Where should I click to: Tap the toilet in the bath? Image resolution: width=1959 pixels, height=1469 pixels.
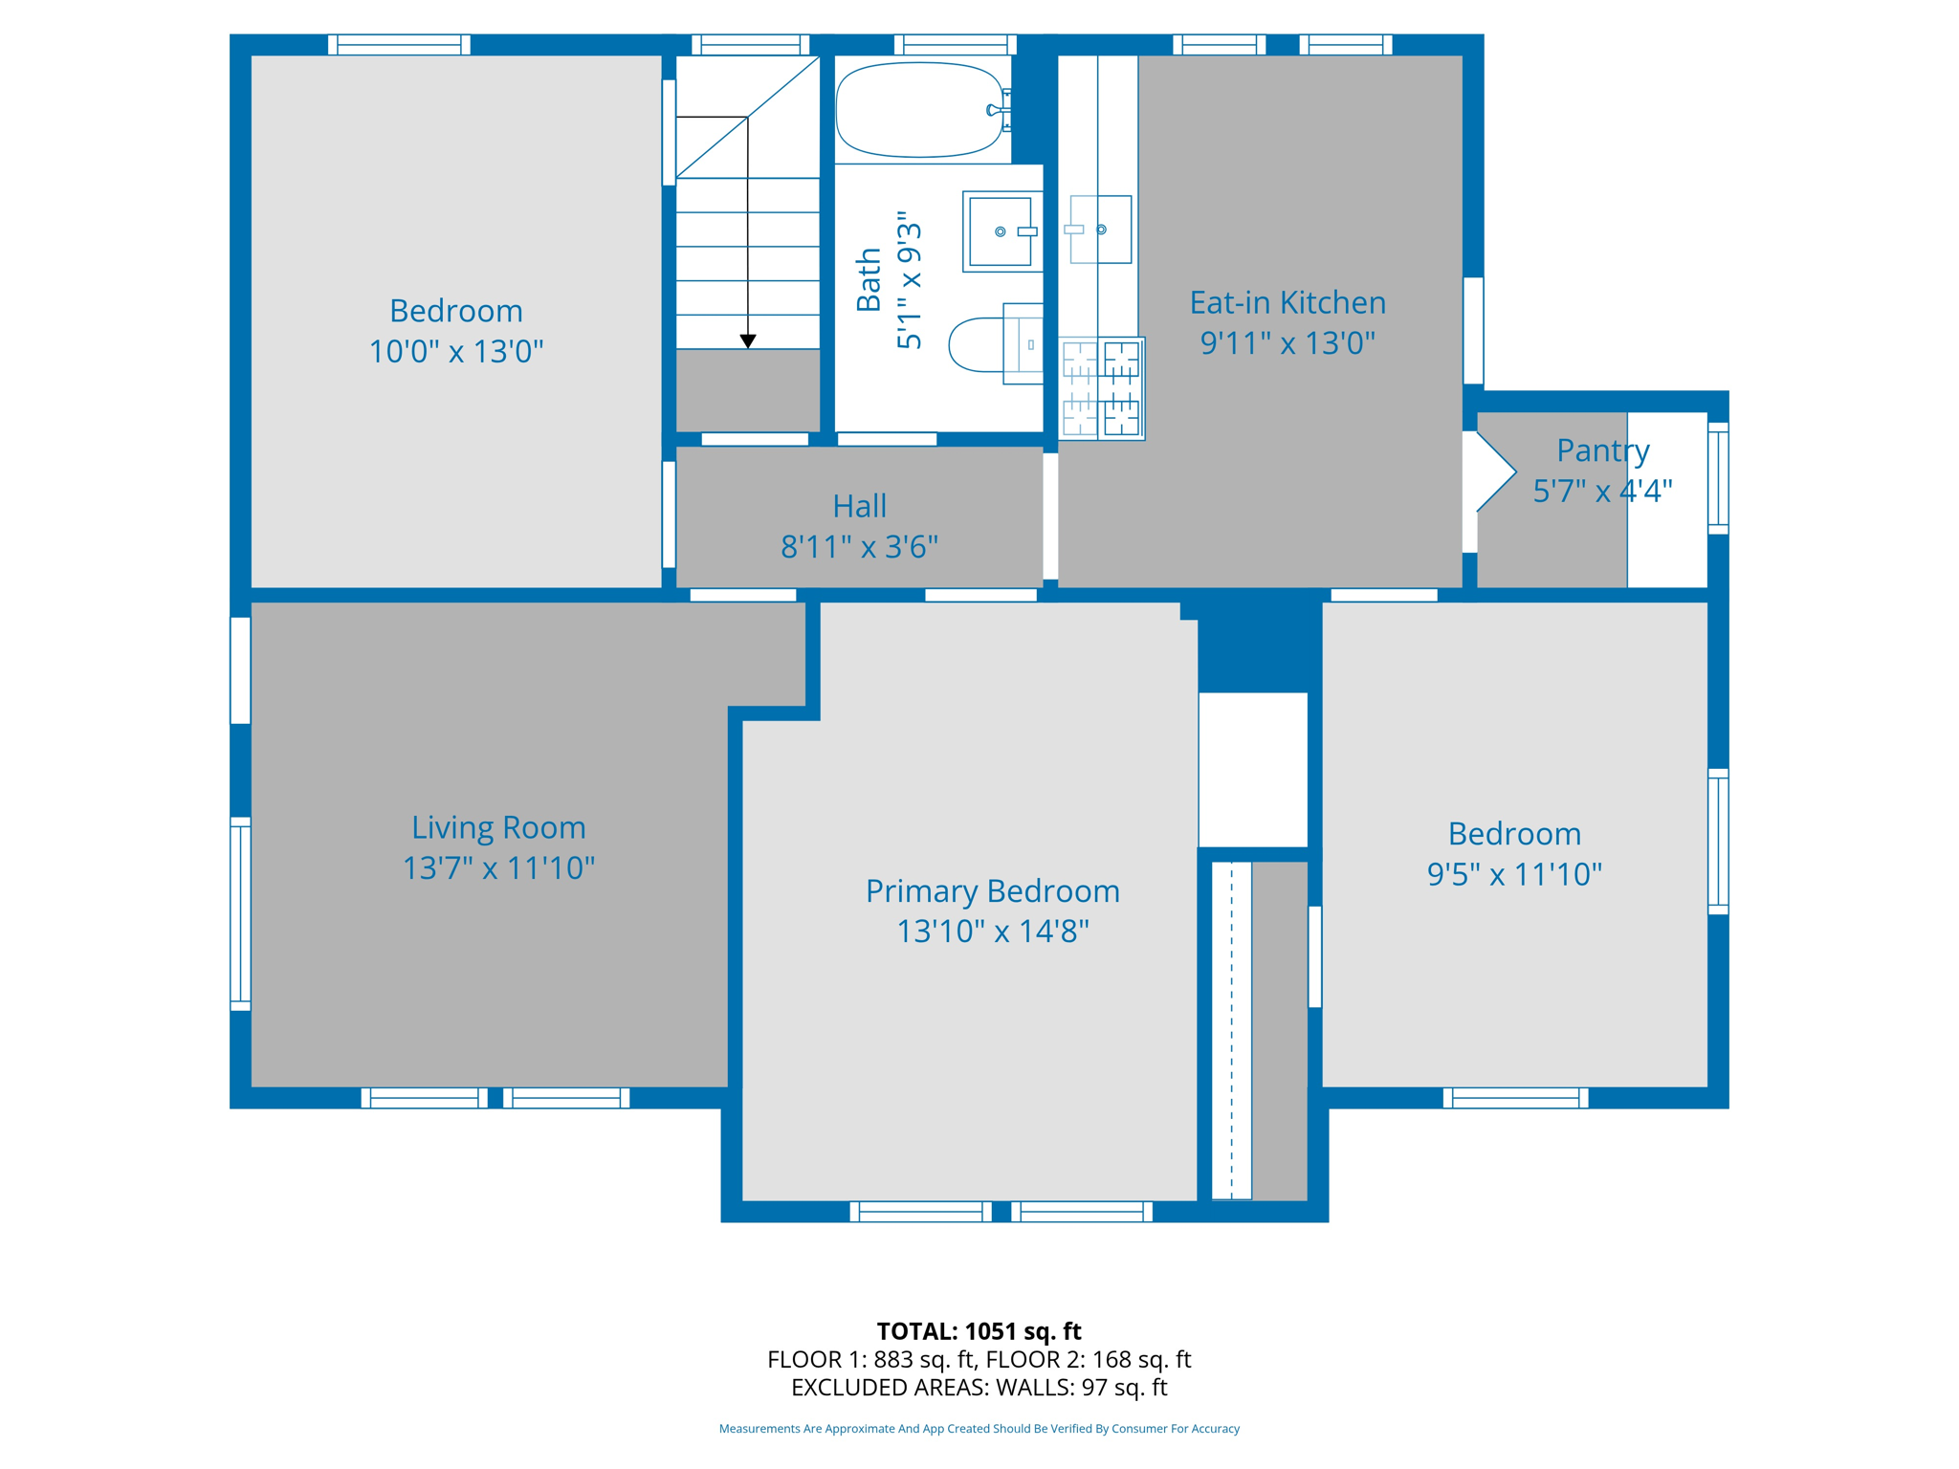point(995,344)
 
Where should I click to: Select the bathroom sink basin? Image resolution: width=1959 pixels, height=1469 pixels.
point(1001,231)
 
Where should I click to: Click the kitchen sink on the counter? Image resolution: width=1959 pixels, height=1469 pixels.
point(1100,230)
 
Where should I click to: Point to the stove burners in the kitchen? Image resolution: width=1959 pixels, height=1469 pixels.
point(1102,388)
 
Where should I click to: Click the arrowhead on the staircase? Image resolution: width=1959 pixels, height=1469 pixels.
point(748,341)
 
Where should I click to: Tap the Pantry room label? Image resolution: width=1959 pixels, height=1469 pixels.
point(1603,450)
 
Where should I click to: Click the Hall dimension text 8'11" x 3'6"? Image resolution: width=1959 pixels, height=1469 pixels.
point(859,547)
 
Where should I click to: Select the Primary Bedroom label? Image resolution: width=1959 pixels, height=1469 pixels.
point(993,891)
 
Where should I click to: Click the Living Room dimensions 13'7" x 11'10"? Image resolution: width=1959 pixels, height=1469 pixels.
point(498,868)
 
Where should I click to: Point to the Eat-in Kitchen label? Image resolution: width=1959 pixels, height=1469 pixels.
point(1288,302)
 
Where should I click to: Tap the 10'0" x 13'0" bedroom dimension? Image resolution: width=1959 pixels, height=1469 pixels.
point(456,352)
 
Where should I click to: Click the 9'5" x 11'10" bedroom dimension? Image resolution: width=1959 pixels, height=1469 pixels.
point(1514,874)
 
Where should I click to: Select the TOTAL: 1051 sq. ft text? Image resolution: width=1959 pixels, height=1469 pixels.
point(979,1331)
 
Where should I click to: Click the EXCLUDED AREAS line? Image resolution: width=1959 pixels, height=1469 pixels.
point(979,1387)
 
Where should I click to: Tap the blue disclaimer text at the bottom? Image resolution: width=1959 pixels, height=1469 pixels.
point(979,1429)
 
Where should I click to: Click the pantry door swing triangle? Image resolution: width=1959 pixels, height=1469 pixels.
point(1496,471)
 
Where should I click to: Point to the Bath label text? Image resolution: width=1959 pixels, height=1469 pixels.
point(869,279)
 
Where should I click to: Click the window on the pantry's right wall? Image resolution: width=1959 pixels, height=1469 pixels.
point(1718,477)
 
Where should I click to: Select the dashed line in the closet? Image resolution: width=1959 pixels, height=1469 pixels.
point(1232,1030)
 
